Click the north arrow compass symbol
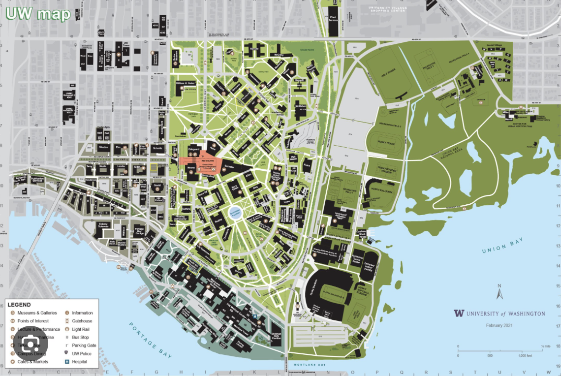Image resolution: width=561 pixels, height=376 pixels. click(x=499, y=292)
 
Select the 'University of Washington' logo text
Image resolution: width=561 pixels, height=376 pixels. click(x=499, y=313)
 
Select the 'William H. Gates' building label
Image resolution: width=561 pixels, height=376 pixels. click(x=186, y=84)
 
